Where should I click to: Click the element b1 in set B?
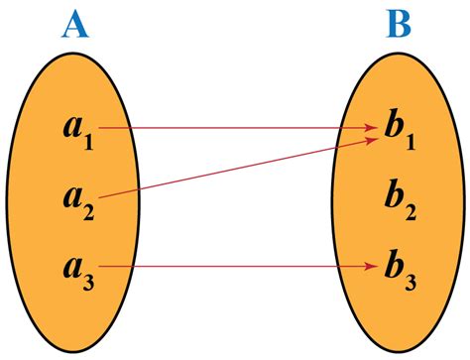[x=399, y=131]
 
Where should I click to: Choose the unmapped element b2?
[x=399, y=199]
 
